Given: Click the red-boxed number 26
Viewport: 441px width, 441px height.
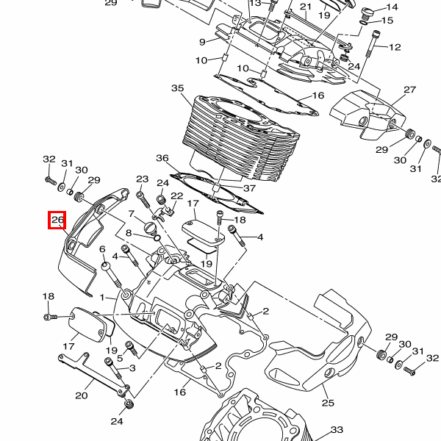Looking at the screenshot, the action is click(x=57, y=220).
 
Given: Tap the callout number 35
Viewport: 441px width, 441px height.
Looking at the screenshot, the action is click(x=177, y=88).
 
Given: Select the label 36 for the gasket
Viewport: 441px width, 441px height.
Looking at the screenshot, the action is click(x=162, y=158).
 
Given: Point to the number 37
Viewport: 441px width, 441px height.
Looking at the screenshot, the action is click(x=249, y=188).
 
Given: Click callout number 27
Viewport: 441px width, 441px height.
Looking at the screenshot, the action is click(x=410, y=90).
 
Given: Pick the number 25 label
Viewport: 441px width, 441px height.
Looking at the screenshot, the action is click(x=328, y=403).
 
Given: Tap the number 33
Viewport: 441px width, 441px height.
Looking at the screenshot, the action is click(x=337, y=429).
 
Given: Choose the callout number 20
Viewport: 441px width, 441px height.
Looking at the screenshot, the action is click(x=82, y=395).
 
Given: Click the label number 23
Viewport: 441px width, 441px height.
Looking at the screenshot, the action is click(x=143, y=179).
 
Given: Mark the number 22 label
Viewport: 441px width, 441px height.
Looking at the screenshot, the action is click(x=177, y=196).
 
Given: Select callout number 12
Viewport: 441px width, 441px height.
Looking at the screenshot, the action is click(x=395, y=47).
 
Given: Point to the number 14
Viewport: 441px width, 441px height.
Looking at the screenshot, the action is click(x=392, y=7).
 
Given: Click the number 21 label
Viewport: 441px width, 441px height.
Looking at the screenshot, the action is click(x=306, y=7).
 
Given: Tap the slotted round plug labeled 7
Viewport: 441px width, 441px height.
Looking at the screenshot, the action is click(x=150, y=227).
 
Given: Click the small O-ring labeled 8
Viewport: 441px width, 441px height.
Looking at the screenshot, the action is click(x=157, y=238).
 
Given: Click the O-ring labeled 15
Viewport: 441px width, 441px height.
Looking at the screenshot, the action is click(x=364, y=23).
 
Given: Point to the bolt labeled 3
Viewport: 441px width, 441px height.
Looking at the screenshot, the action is click(x=113, y=368).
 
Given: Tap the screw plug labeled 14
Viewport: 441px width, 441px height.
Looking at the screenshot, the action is click(x=367, y=12).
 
